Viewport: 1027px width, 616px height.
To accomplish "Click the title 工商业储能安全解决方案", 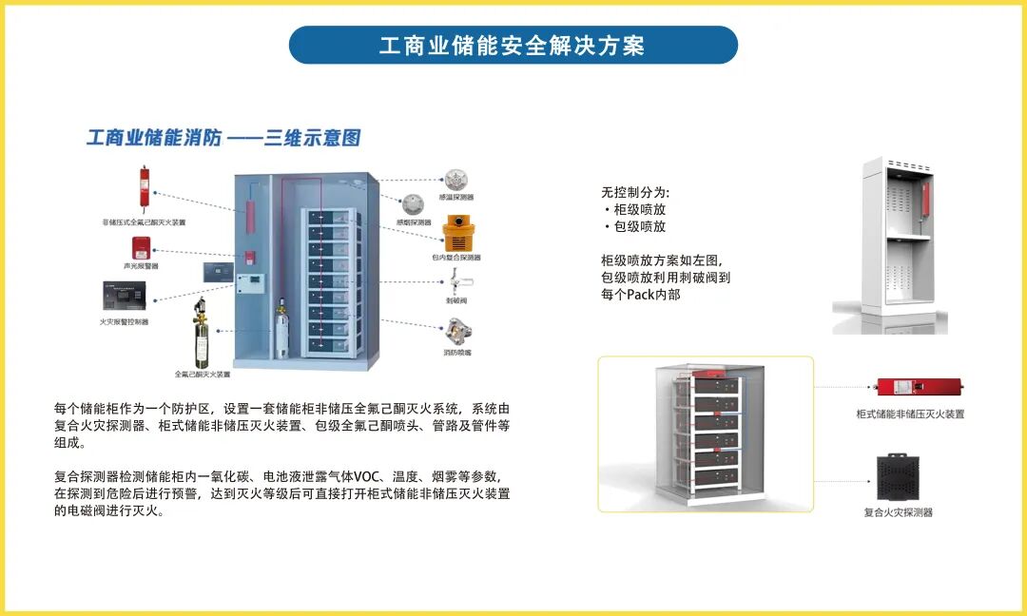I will (513, 46).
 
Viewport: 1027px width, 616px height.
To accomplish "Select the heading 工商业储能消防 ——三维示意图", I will (223, 138).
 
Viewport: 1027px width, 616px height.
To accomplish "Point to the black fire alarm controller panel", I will (125, 298).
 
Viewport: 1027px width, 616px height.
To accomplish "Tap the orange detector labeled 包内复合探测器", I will (462, 232).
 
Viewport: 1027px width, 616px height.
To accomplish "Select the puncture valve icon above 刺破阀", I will (461, 283).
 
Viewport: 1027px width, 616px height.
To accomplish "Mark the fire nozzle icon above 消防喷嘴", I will (457, 331).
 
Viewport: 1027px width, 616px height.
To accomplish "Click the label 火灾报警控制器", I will (125, 322).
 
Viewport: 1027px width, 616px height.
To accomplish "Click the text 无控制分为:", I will (634, 192).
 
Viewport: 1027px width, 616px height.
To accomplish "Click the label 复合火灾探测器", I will (898, 512).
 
